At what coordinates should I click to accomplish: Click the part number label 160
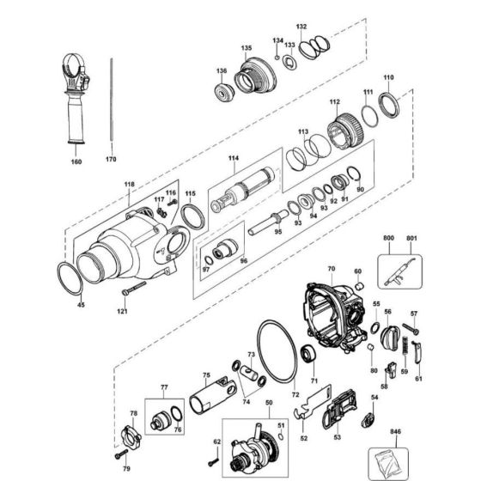(x=76, y=160)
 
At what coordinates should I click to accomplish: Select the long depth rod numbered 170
(x=112, y=103)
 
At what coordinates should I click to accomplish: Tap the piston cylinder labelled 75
(x=211, y=396)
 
